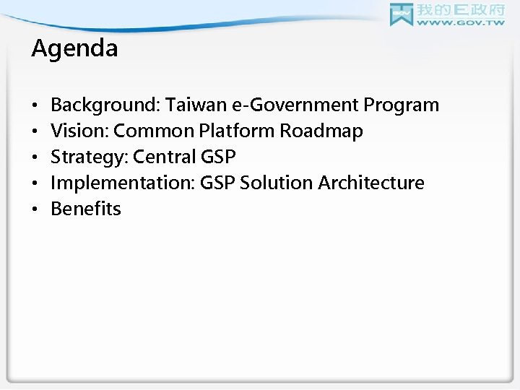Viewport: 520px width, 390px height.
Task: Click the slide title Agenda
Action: pos(75,49)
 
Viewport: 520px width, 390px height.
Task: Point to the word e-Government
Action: pos(295,105)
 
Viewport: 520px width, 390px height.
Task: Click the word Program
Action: pos(401,105)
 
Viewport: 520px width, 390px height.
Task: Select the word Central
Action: pos(163,157)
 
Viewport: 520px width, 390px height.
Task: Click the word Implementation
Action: pos(118,183)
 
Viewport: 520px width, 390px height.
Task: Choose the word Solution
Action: pos(275,183)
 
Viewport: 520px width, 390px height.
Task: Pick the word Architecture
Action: pos(370,183)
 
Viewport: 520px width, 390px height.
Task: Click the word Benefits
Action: pos(86,209)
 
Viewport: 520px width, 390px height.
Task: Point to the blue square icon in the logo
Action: pos(402,15)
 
